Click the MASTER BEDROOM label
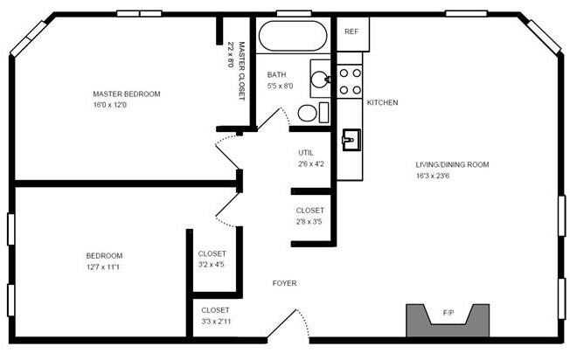[127, 93]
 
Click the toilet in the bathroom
[309, 113]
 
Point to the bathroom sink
[322, 77]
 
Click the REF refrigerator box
[351, 31]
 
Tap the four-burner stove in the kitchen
[351, 81]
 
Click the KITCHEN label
[382, 103]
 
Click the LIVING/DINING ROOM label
[452, 164]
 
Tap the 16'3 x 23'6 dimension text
[445, 176]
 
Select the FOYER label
[284, 283]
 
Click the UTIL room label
[306, 152]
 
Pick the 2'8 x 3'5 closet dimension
[309, 222]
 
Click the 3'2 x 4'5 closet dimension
[212, 265]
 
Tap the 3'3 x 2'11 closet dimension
[216, 322]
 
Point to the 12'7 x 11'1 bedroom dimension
[103, 267]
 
